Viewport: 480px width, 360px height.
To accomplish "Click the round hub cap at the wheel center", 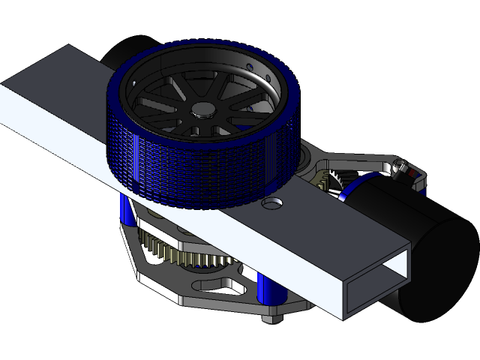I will coord(201,109).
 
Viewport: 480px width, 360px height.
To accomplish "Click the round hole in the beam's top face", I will coord(271,203).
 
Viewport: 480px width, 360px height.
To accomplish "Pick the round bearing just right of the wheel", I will coord(304,158).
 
